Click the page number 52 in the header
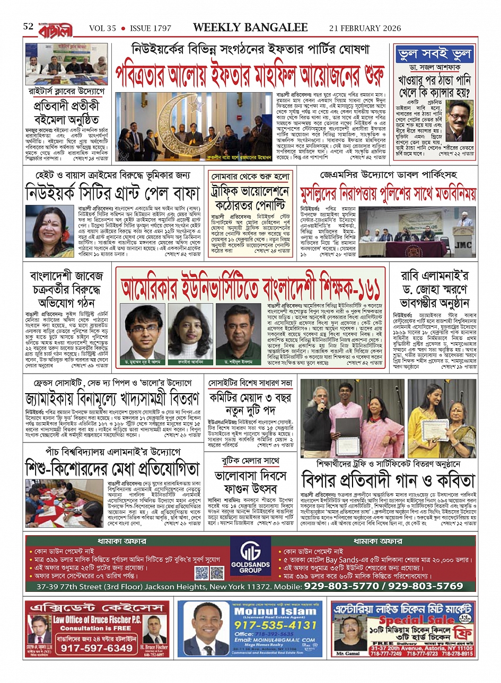(x=28, y=26)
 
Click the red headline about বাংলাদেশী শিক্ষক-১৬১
(x=250, y=289)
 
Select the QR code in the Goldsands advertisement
(x=201, y=573)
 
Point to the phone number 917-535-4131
(x=275, y=625)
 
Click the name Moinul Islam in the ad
(x=275, y=611)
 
